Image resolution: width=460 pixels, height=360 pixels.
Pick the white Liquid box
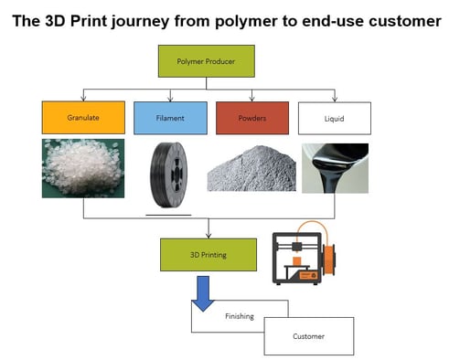point(334,117)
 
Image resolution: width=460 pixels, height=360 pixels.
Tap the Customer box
point(308,335)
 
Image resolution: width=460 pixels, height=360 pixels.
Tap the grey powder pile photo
point(252,170)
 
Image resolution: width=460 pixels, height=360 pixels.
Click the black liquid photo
point(335,168)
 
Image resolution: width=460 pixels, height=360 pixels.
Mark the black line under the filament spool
point(168,216)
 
